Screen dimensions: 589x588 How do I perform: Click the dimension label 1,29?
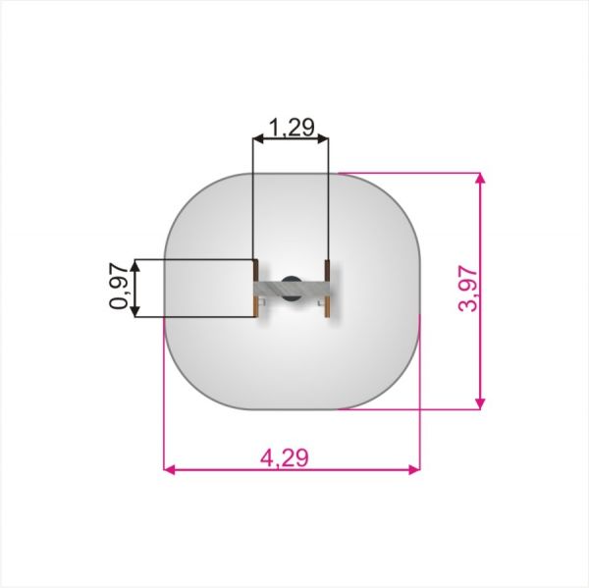(292, 128)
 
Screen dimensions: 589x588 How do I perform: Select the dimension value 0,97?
(119, 287)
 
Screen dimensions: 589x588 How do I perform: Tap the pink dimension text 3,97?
(468, 289)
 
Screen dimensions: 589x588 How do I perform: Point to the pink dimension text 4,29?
(285, 457)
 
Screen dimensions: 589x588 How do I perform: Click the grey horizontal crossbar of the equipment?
(292, 289)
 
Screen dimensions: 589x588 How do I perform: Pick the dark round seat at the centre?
(292, 289)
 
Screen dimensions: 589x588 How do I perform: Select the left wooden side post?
(255, 289)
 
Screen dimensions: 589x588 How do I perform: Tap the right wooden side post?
(327, 289)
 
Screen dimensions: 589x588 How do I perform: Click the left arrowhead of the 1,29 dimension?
(258, 139)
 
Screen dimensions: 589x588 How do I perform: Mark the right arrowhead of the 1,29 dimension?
(323, 139)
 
